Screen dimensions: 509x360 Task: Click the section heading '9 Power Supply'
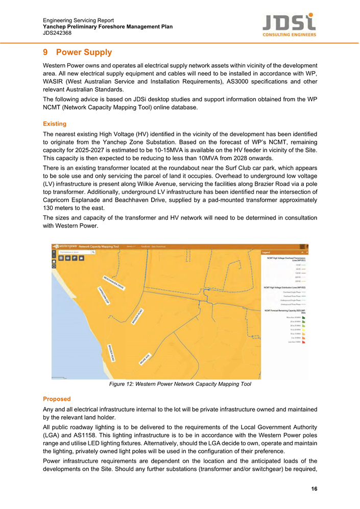coord(77,53)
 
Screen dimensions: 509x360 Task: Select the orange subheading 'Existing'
coord(55,124)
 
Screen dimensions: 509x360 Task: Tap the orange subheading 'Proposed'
coord(57,399)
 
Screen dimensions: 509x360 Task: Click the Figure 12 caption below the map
coord(180,384)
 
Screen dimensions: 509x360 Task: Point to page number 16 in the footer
coord(314,489)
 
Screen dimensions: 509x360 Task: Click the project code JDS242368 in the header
coord(57,33)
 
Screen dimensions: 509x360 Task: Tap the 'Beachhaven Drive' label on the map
coord(114,282)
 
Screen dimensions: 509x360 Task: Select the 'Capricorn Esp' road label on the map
coord(104,296)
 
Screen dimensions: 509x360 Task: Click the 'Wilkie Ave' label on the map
coord(145,358)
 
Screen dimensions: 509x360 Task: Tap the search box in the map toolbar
coord(75,252)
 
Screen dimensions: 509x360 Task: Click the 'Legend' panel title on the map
coord(266,252)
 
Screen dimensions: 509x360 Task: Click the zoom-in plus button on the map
coord(54,252)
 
